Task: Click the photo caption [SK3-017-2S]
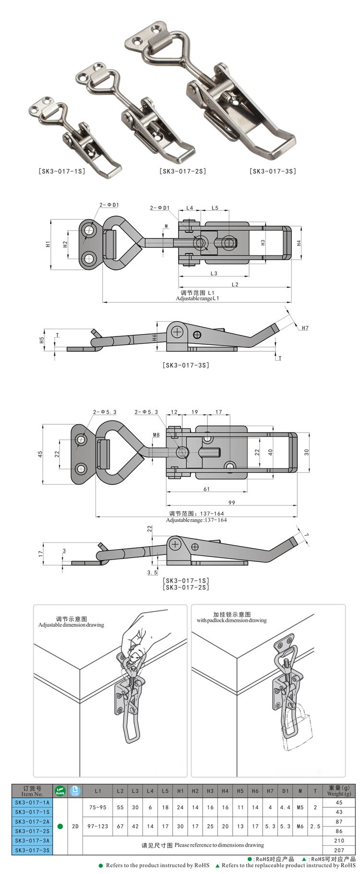point(182,171)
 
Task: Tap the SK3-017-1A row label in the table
point(32,802)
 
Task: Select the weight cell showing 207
point(339,850)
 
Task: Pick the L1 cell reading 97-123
point(98,826)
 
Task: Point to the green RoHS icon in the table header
point(60,790)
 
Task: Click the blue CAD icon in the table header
point(75,790)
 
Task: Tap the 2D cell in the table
point(75,826)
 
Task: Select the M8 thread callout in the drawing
point(156,435)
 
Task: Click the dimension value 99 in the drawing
point(232,503)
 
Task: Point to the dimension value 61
point(206,489)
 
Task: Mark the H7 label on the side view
point(305,328)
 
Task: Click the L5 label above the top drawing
point(215,208)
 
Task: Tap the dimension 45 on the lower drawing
point(41,453)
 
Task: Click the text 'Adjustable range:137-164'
point(196,520)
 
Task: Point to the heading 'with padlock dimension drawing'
point(231,620)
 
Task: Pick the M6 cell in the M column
point(300,826)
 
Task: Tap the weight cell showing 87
point(339,822)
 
